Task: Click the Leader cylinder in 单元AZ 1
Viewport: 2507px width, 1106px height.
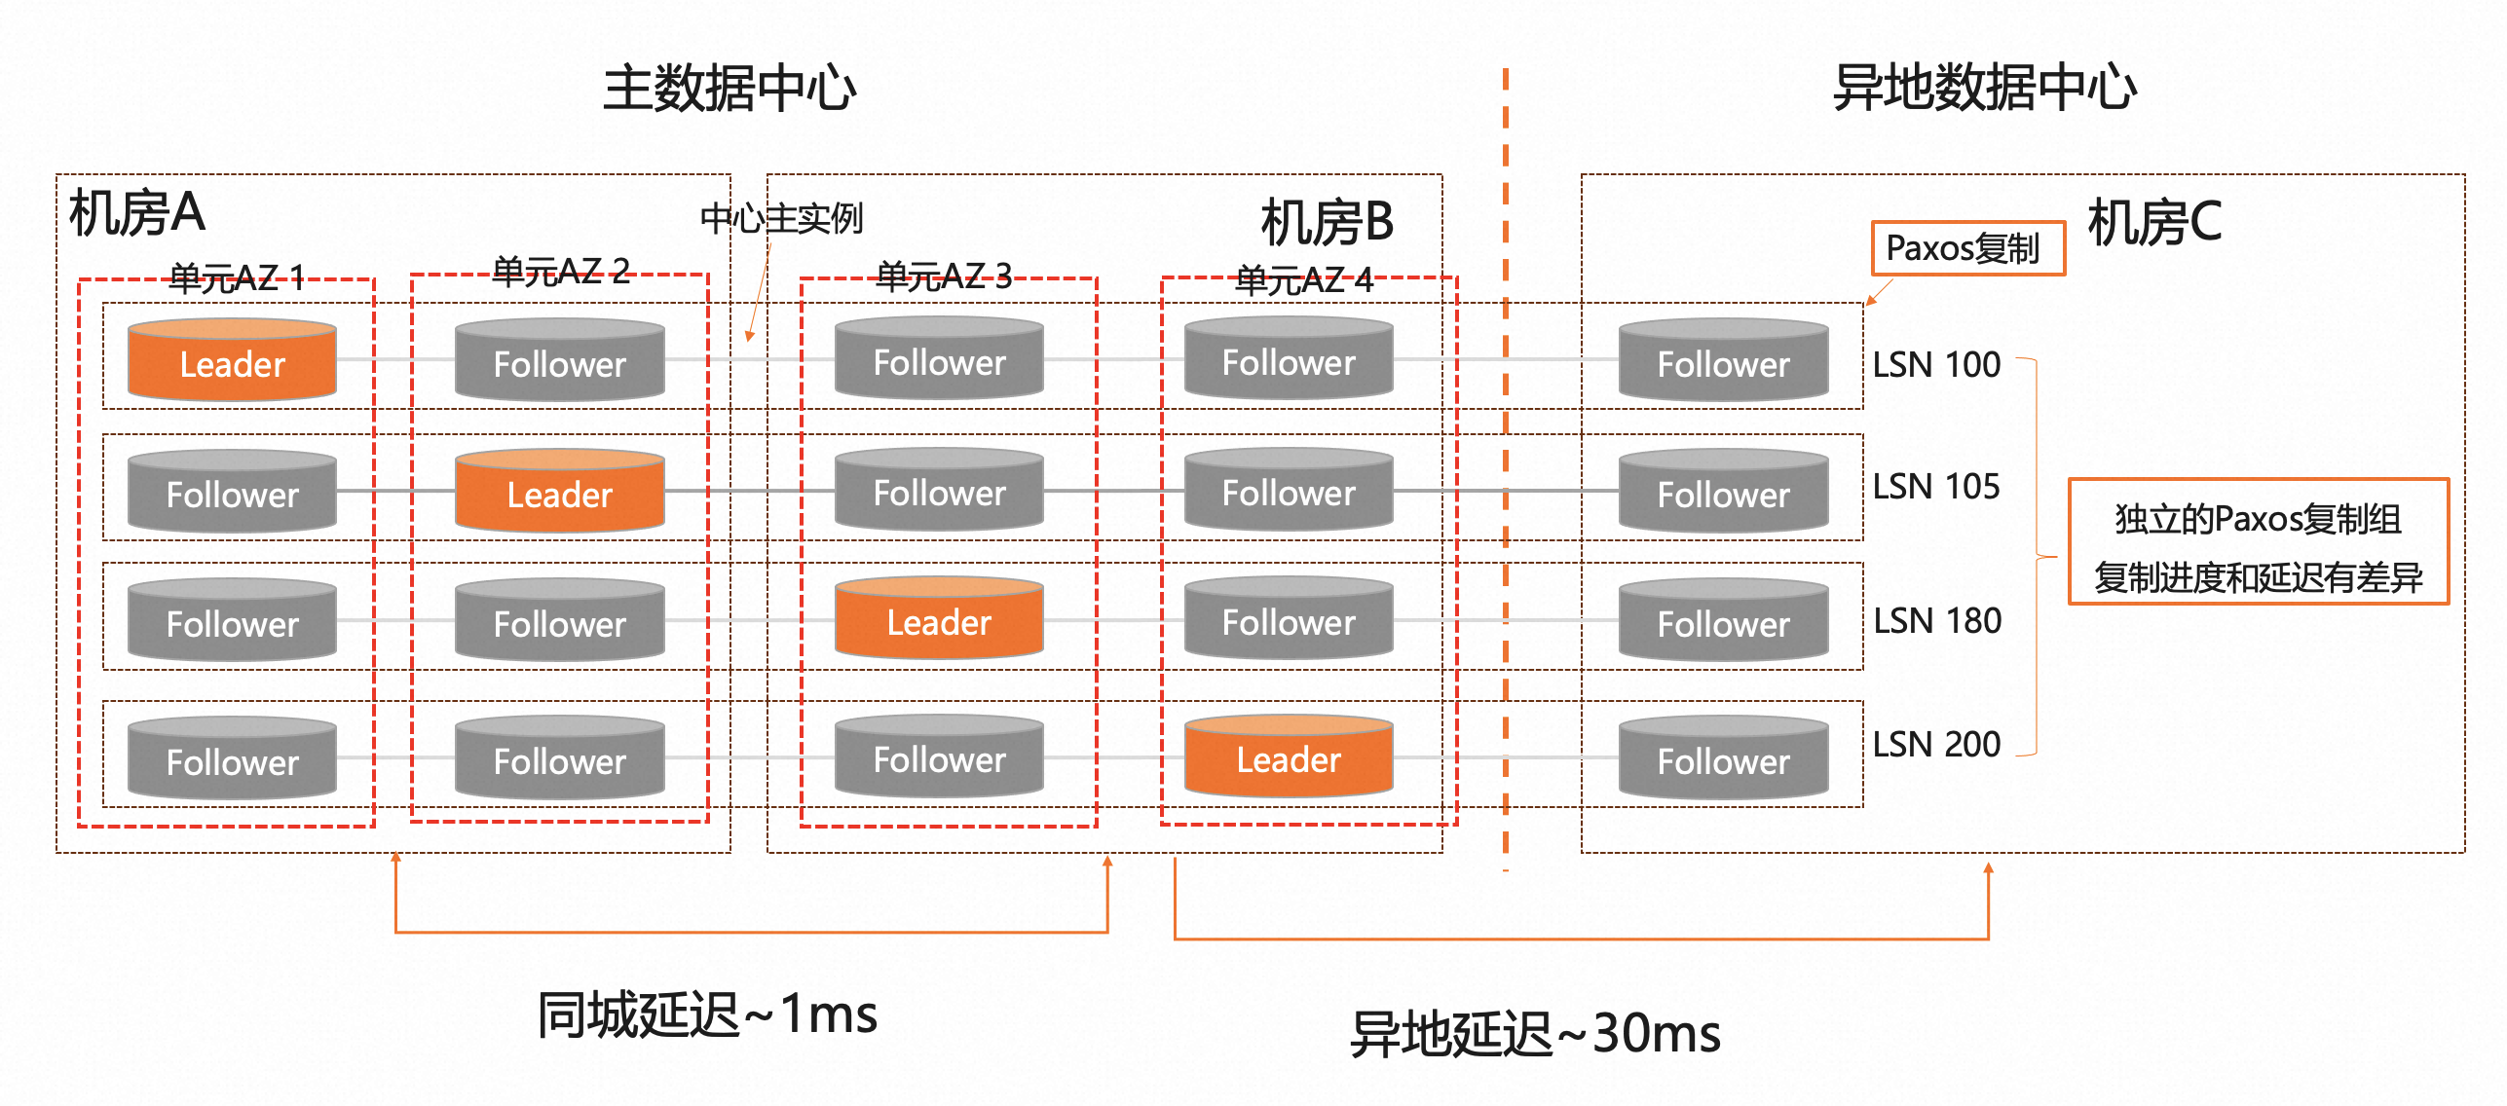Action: [x=232, y=361]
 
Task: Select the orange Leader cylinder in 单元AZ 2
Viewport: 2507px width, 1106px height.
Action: [x=559, y=492]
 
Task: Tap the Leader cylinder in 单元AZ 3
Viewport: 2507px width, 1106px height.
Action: [x=939, y=620]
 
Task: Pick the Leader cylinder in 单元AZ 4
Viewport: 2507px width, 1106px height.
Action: [x=1288, y=757]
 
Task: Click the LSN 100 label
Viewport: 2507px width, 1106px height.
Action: [x=1936, y=365]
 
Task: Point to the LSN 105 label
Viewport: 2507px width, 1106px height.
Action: [x=1936, y=487]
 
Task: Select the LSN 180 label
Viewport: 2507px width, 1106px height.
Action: [x=1937, y=621]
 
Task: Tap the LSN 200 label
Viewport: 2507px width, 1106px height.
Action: [x=1936, y=745]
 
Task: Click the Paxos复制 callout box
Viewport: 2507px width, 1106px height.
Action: [x=1967, y=248]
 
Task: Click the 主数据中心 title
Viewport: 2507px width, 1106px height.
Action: [x=729, y=89]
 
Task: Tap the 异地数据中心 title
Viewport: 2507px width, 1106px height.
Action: [x=1984, y=89]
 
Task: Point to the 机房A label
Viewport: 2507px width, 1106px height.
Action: [x=137, y=213]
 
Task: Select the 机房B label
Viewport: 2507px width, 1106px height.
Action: [x=1327, y=222]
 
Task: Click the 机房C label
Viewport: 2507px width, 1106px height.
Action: [x=2154, y=222]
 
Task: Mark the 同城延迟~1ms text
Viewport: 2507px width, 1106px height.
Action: [x=708, y=1014]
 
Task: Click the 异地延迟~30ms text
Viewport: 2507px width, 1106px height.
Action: [x=1535, y=1034]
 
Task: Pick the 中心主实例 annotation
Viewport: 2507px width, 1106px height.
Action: [x=781, y=219]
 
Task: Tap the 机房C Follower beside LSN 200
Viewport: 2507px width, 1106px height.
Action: [x=1723, y=759]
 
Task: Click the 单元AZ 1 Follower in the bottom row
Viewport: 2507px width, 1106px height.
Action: [x=232, y=759]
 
